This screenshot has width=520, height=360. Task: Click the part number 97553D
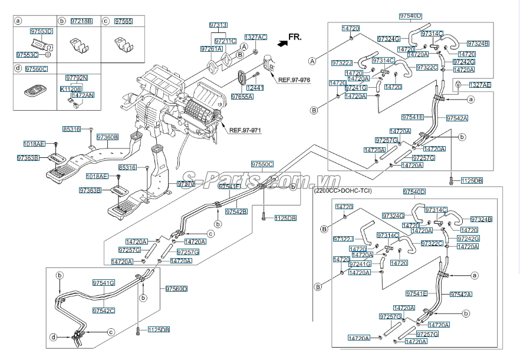41,31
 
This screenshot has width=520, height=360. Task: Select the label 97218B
81,21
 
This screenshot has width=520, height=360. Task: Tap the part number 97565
123,21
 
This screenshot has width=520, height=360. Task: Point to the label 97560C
37,69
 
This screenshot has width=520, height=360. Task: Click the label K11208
71,88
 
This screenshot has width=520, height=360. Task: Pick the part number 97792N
77,77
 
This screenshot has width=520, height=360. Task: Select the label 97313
218,25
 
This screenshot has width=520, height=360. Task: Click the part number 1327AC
256,37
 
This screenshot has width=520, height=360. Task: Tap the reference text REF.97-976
294,80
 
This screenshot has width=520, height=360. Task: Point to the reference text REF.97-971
245,130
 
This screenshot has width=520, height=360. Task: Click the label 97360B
107,137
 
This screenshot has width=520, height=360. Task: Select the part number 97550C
262,164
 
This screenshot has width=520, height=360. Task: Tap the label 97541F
229,186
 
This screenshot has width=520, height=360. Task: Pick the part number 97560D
176,289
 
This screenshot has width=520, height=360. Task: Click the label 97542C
104,310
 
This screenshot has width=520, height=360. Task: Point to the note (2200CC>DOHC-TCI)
343,191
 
